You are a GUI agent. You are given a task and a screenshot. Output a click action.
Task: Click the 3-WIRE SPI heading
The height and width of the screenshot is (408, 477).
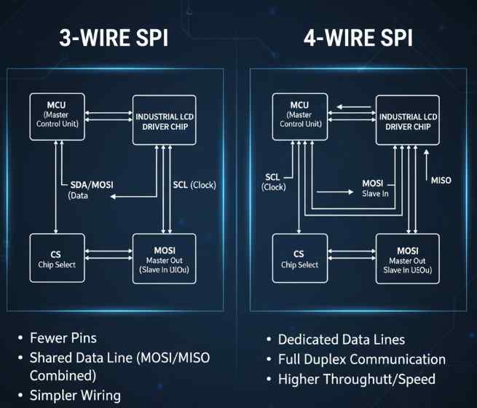click(x=113, y=37)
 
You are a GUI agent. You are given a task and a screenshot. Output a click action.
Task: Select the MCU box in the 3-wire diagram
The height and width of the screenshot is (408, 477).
click(x=56, y=115)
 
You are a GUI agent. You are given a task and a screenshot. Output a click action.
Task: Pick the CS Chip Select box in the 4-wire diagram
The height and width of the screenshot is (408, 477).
click(x=299, y=258)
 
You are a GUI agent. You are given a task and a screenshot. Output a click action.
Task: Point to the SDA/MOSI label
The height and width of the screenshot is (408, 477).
click(x=91, y=184)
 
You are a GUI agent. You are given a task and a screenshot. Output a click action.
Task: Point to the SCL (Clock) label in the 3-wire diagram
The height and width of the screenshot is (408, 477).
click(x=194, y=184)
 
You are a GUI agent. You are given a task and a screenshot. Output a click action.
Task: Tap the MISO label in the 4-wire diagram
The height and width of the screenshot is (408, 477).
click(x=441, y=180)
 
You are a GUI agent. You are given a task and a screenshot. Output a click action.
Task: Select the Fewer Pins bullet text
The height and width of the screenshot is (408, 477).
click(x=62, y=339)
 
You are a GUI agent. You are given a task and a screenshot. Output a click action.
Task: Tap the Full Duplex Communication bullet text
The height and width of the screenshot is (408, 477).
click(x=361, y=359)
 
